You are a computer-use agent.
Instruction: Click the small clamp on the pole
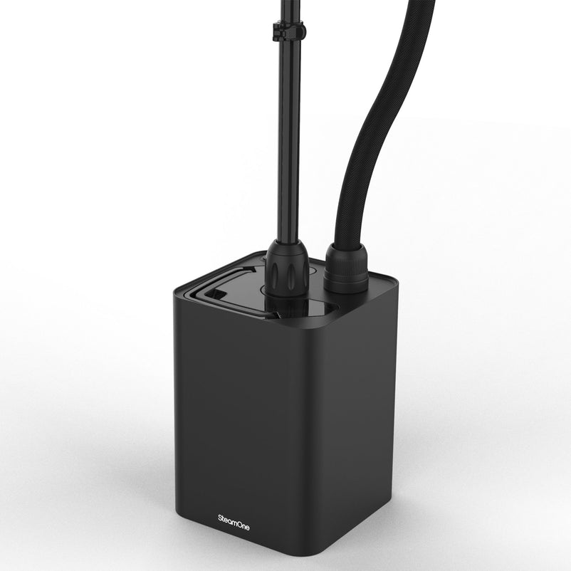coord(288,31)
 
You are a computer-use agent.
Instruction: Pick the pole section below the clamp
coord(288,142)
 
